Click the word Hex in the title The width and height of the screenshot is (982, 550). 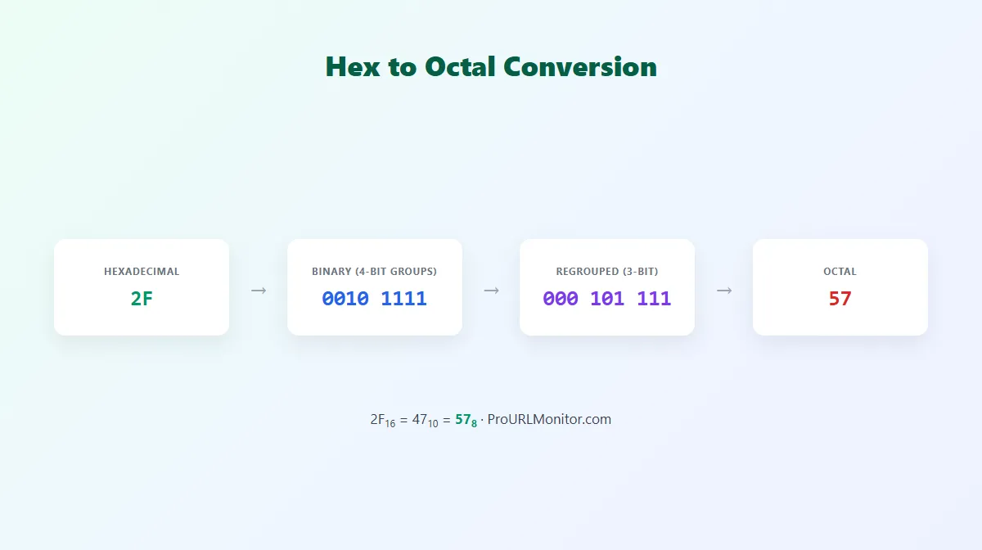[x=353, y=67]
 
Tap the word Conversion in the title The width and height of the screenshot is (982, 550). [x=580, y=67]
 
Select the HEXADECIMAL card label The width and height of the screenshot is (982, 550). [x=142, y=272]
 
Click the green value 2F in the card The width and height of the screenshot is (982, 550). [x=142, y=299]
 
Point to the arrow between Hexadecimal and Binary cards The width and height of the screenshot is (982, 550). [x=259, y=291]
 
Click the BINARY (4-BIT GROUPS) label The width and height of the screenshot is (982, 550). [x=375, y=272]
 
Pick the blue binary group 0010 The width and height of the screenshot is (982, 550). [x=345, y=299]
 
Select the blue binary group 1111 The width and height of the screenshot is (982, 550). [x=403, y=299]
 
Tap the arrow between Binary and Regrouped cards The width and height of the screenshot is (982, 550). [x=492, y=291]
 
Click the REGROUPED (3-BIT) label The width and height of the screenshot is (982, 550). [x=607, y=272]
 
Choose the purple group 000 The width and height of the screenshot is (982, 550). [x=561, y=299]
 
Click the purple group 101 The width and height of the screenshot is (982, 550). [x=607, y=299]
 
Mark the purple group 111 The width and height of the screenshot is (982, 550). [x=654, y=299]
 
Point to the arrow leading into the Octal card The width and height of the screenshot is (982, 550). [x=724, y=291]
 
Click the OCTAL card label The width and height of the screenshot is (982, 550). [x=840, y=272]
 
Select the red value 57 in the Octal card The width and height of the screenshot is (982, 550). [x=840, y=299]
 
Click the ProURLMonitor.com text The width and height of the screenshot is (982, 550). [x=549, y=419]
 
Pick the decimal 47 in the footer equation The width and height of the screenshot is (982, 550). [x=420, y=419]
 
